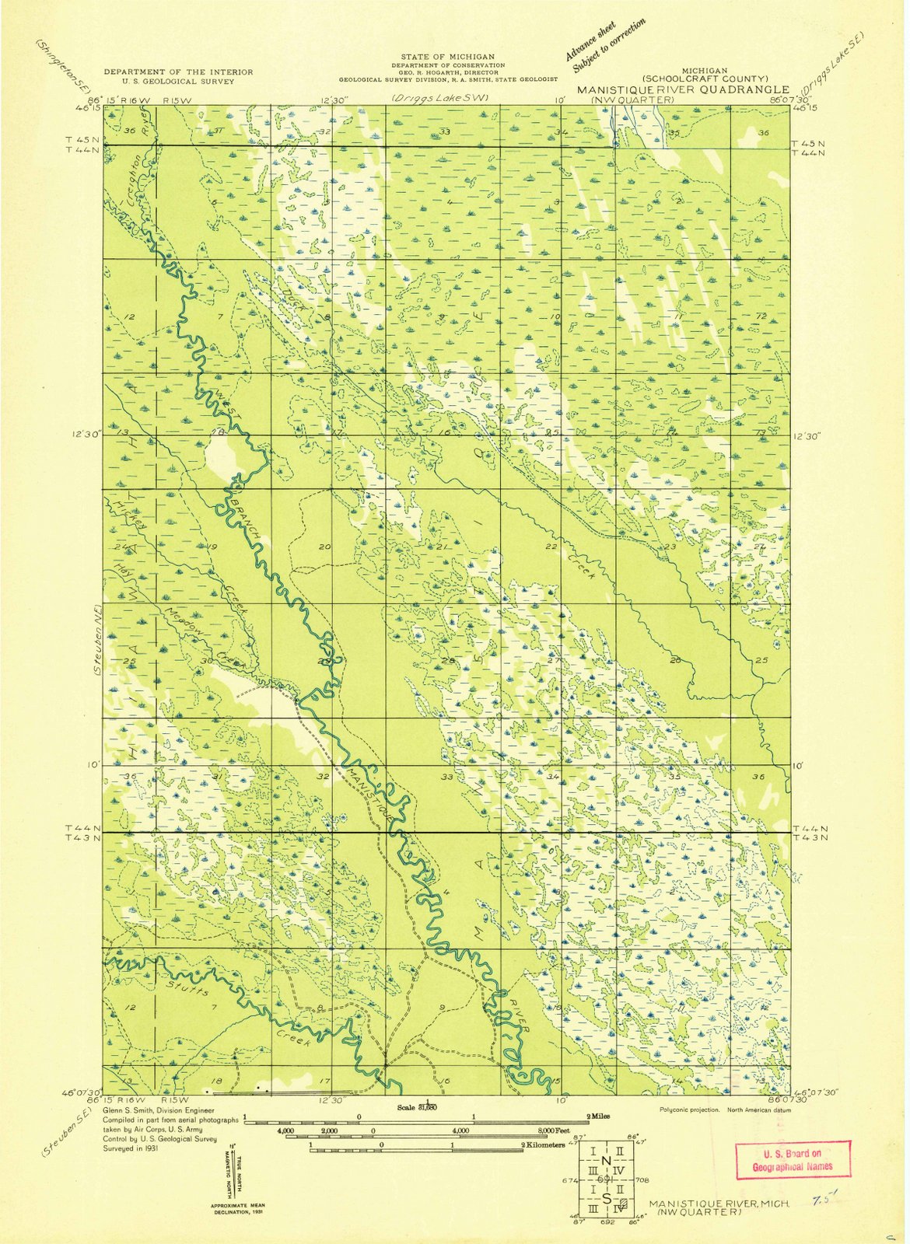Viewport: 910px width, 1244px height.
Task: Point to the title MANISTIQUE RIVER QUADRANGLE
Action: point(682,89)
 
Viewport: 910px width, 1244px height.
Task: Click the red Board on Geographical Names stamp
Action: point(793,1159)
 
